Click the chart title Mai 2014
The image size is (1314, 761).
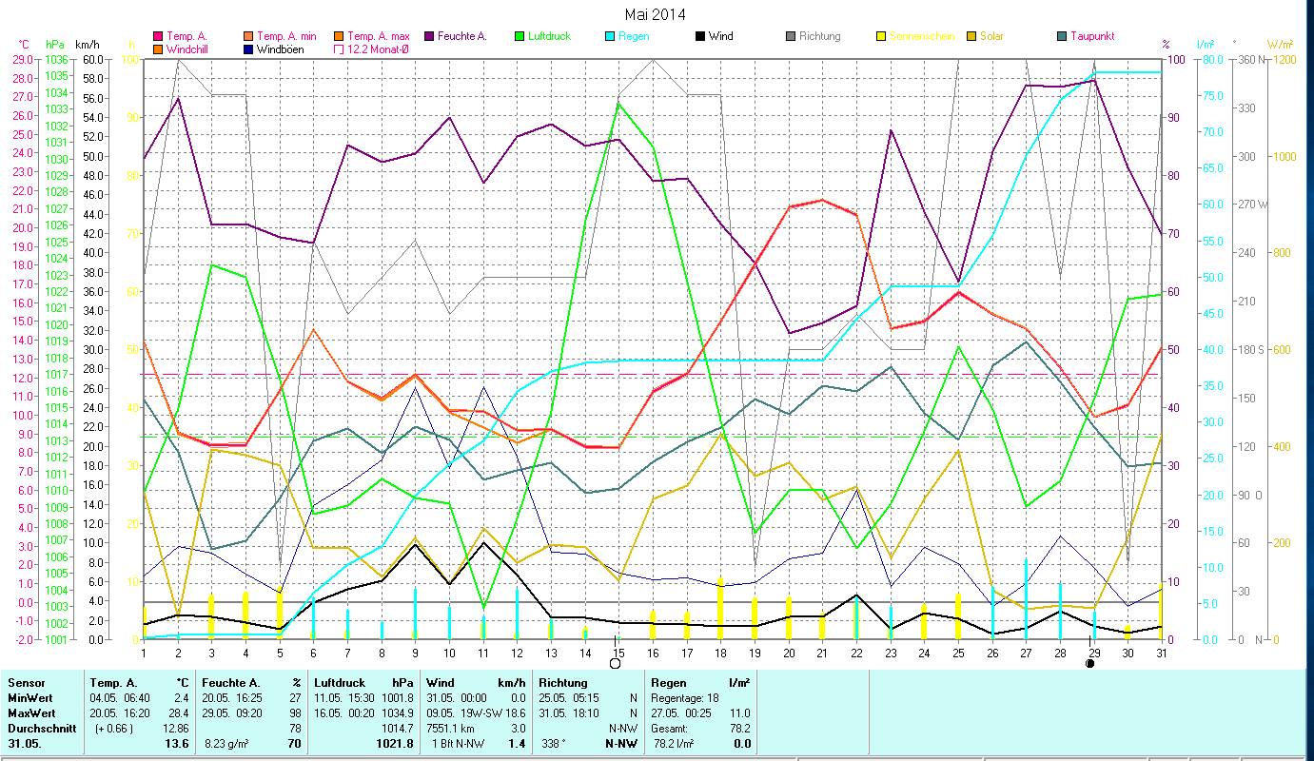pos(655,14)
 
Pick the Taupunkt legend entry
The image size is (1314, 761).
pos(1086,36)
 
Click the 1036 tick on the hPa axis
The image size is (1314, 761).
pos(55,59)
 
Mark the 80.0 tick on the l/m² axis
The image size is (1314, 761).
pos(1208,59)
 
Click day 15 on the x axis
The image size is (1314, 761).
pos(618,652)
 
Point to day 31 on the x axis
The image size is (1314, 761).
pos(1161,652)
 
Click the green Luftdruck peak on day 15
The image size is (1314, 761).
pos(618,104)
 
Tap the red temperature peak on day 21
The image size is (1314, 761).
pos(822,200)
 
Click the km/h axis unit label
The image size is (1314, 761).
pos(87,45)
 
